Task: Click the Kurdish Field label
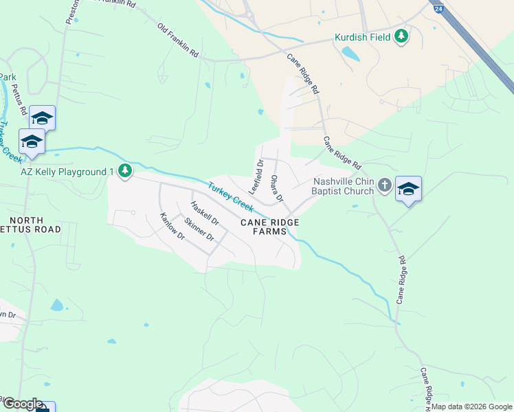coord(362,37)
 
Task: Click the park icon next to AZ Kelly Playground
coord(124,170)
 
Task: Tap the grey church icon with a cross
coord(384,185)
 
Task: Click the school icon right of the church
coord(408,188)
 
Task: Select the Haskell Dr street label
coord(204,213)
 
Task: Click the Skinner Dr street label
coord(199,229)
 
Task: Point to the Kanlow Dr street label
coord(172,225)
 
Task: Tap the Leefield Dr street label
coord(256,176)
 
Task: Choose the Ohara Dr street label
coord(276,188)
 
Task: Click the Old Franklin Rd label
coord(178,40)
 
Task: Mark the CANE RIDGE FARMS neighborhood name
coord(263,227)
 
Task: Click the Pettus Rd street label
coord(20,99)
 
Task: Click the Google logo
coord(22,404)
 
